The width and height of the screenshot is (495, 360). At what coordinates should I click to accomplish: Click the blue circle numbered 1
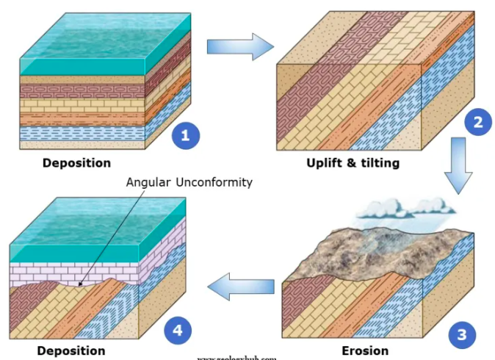185,135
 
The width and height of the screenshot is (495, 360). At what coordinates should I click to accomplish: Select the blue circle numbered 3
461,335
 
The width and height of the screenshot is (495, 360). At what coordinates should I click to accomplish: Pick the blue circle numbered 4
176,332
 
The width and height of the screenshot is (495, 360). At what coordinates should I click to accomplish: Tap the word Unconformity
217,182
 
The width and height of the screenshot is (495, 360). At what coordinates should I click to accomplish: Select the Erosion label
365,350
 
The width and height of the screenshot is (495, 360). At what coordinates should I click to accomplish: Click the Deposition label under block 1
76,162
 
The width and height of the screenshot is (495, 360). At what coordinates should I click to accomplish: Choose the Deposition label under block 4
71,350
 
